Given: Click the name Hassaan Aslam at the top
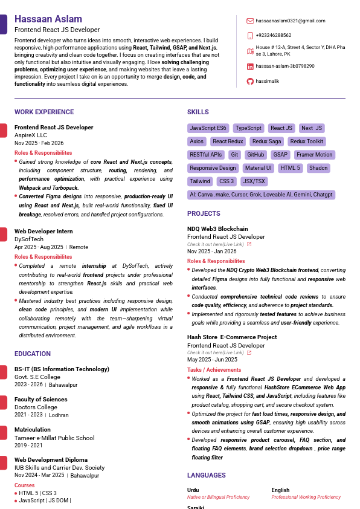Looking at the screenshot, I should pyautogui.click(x=49, y=19).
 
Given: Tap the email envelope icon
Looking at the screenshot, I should pyautogui.click(x=250, y=21).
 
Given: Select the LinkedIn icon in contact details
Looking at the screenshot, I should pyautogui.click(x=250, y=66).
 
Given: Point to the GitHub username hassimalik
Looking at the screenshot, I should pyautogui.click(x=267, y=81).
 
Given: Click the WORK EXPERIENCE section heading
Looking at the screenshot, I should pyautogui.click(x=44, y=112).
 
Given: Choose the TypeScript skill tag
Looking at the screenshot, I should pyautogui.click(x=248, y=128).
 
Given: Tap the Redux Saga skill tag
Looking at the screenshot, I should pyautogui.click(x=266, y=141).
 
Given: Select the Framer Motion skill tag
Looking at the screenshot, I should pyautogui.click(x=314, y=155).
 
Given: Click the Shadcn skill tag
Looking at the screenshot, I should pyautogui.click(x=318, y=168).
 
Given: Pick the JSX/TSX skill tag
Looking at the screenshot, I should pyautogui.click(x=253, y=181).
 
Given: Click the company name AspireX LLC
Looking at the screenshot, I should pyautogui.click(x=31, y=135).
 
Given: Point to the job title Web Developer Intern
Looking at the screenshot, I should pyautogui.click(x=43, y=232).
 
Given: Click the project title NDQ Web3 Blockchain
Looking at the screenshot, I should pyautogui.click(x=217, y=229).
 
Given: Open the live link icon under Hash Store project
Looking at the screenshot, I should pyautogui.click(x=249, y=352).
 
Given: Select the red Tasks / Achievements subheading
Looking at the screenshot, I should pyautogui.click(x=214, y=370).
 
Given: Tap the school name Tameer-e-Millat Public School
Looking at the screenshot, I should pyautogui.click(x=54, y=438).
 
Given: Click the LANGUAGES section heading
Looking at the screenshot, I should pyautogui.click(x=207, y=476).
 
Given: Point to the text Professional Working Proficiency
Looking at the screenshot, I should pyautogui.click(x=306, y=498).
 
